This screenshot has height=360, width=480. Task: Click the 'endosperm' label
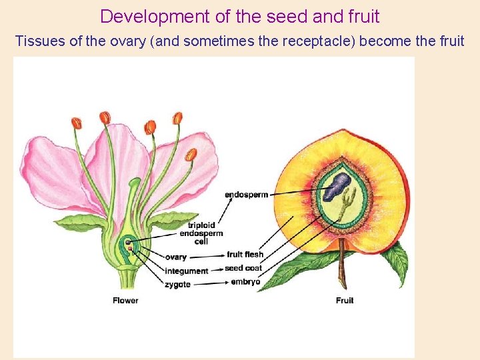246,195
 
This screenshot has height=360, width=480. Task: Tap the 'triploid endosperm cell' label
201,233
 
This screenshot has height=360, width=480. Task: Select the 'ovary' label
175,257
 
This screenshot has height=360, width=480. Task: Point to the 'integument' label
186,271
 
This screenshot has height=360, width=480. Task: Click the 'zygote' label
177,285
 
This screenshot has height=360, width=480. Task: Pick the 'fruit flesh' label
245,254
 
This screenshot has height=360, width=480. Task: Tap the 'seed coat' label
243,268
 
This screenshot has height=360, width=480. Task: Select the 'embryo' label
245,282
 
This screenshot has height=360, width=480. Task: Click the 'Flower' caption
125,301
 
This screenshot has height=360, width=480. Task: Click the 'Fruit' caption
345,301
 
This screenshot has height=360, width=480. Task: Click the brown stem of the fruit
343,263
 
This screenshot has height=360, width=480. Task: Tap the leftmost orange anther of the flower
76,123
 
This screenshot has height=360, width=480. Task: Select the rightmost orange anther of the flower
191,155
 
